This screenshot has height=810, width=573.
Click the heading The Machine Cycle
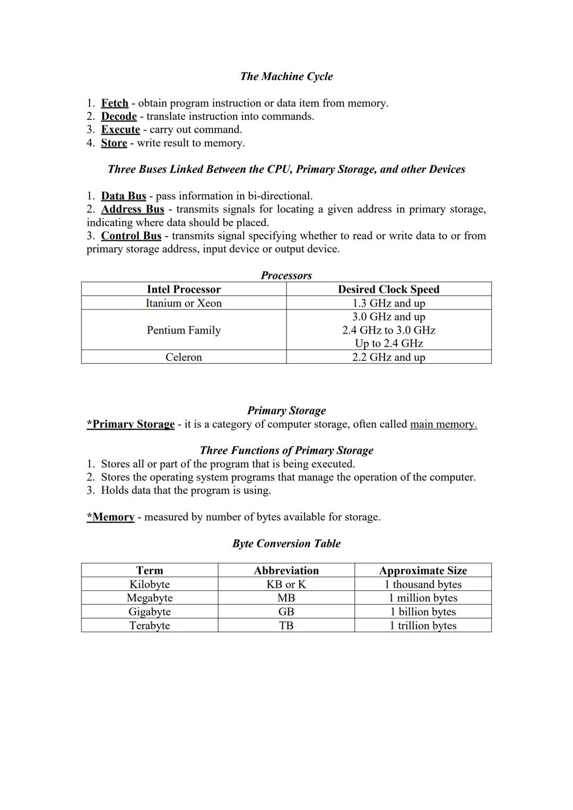click(286, 76)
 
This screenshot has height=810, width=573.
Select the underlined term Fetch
click(115, 103)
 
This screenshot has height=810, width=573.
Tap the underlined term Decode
click(119, 117)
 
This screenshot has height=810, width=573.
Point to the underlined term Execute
click(120, 130)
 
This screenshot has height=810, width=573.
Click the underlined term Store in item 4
click(114, 143)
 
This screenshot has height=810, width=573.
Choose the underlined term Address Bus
click(133, 210)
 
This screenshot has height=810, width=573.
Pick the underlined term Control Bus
click(131, 236)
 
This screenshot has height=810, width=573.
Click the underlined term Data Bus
click(124, 196)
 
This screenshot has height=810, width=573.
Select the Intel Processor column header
click(184, 290)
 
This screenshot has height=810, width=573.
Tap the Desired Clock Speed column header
click(388, 290)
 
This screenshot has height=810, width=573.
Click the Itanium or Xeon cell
click(184, 303)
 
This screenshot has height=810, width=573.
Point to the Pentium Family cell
click(184, 330)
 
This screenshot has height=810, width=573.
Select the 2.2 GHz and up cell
click(388, 358)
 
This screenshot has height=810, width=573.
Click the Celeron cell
click(184, 358)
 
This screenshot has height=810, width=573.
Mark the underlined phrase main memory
click(444, 424)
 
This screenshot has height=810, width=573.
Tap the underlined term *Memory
click(110, 517)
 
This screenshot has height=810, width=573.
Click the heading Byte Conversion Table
click(286, 544)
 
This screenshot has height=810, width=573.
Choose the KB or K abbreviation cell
click(286, 585)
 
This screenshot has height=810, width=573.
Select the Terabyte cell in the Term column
click(150, 626)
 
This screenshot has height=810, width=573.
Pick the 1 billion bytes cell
click(423, 612)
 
